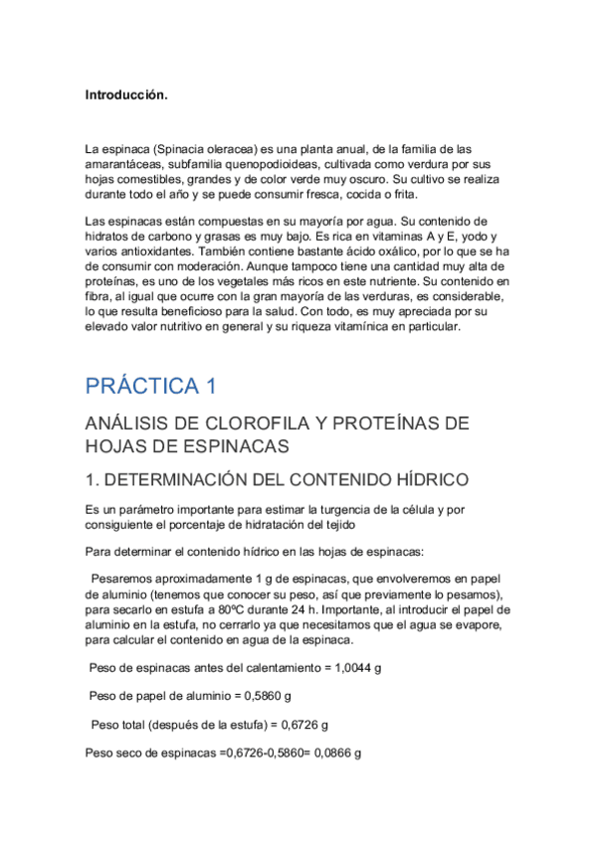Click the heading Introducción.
tap(126, 96)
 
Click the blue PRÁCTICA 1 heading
tap(150, 386)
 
